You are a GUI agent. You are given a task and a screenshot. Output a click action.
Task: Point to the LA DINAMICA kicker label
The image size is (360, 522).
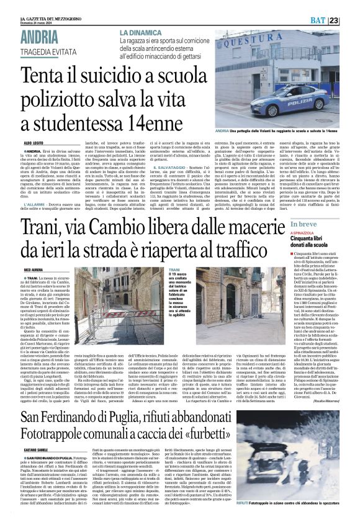pos(142,32)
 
